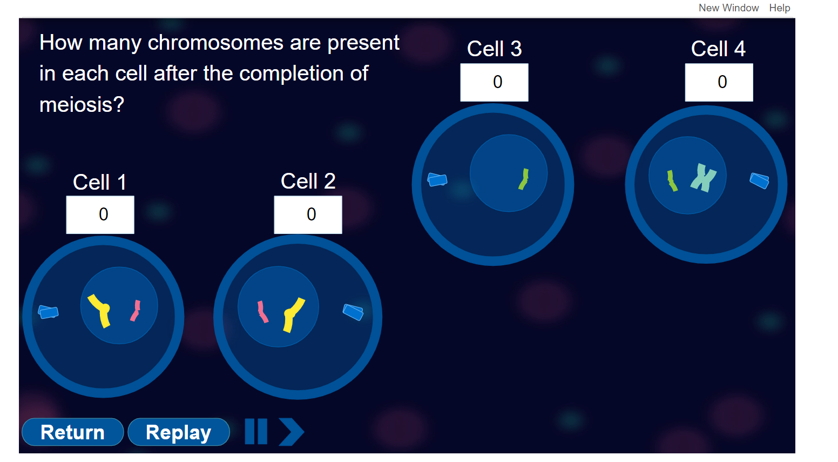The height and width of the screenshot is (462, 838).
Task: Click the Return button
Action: coord(72,432)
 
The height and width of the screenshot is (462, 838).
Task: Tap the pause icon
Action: coord(256,432)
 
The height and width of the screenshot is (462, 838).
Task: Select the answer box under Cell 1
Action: coord(100,215)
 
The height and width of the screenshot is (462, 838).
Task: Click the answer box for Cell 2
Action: coord(308,215)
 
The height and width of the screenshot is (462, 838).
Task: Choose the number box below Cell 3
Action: coord(494,82)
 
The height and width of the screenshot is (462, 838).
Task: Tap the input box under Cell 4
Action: coord(719,82)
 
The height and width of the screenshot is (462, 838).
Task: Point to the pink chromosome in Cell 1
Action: coord(136,311)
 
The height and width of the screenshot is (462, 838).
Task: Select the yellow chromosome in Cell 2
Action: coord(292,313)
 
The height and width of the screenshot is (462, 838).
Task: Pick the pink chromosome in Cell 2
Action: coord(262,312)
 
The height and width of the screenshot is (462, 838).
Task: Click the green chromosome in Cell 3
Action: coord(524,179)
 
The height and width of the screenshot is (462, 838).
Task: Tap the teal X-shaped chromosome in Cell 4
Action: coord(703,178)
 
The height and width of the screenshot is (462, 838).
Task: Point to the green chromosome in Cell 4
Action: coord(672,181)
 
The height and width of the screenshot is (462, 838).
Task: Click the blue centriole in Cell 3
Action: coord(437,179)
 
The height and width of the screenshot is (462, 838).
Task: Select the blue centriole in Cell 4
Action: coord(759,180)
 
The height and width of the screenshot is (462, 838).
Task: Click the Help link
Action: coord(779,8)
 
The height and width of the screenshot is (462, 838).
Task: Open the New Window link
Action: coord(728,8)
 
